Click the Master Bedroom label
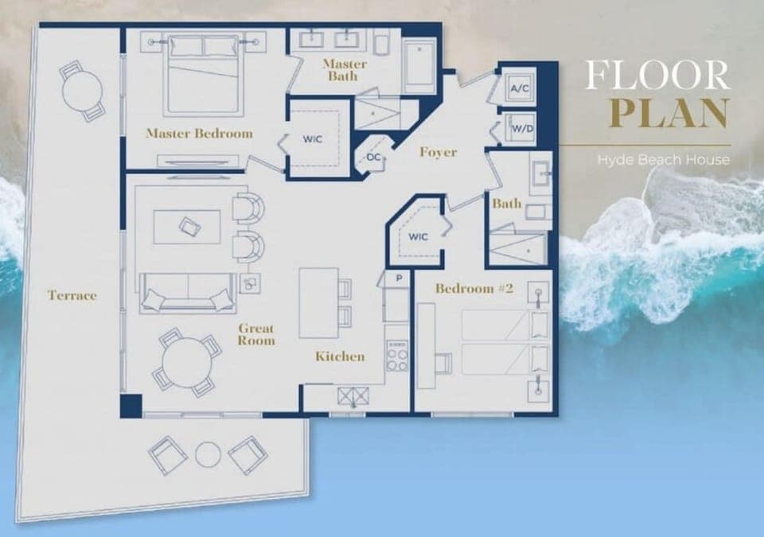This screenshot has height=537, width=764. [x=199, y=133]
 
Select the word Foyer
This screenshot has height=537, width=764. [x=438, y=152]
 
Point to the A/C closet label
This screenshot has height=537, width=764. [x=520, y=88]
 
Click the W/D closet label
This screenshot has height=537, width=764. [x=521, y=127]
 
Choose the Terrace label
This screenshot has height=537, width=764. [x=72, y=295]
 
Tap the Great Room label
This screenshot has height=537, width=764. [x=256, y=334]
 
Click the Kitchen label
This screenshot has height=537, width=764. [x=340, y=356]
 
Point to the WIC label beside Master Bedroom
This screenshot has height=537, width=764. [x=312, y=138]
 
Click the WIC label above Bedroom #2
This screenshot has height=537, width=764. [x=419, y=236]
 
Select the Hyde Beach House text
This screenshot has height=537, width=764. [x=663, y=160]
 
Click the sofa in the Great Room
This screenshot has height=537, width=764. [x=188, y=292]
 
